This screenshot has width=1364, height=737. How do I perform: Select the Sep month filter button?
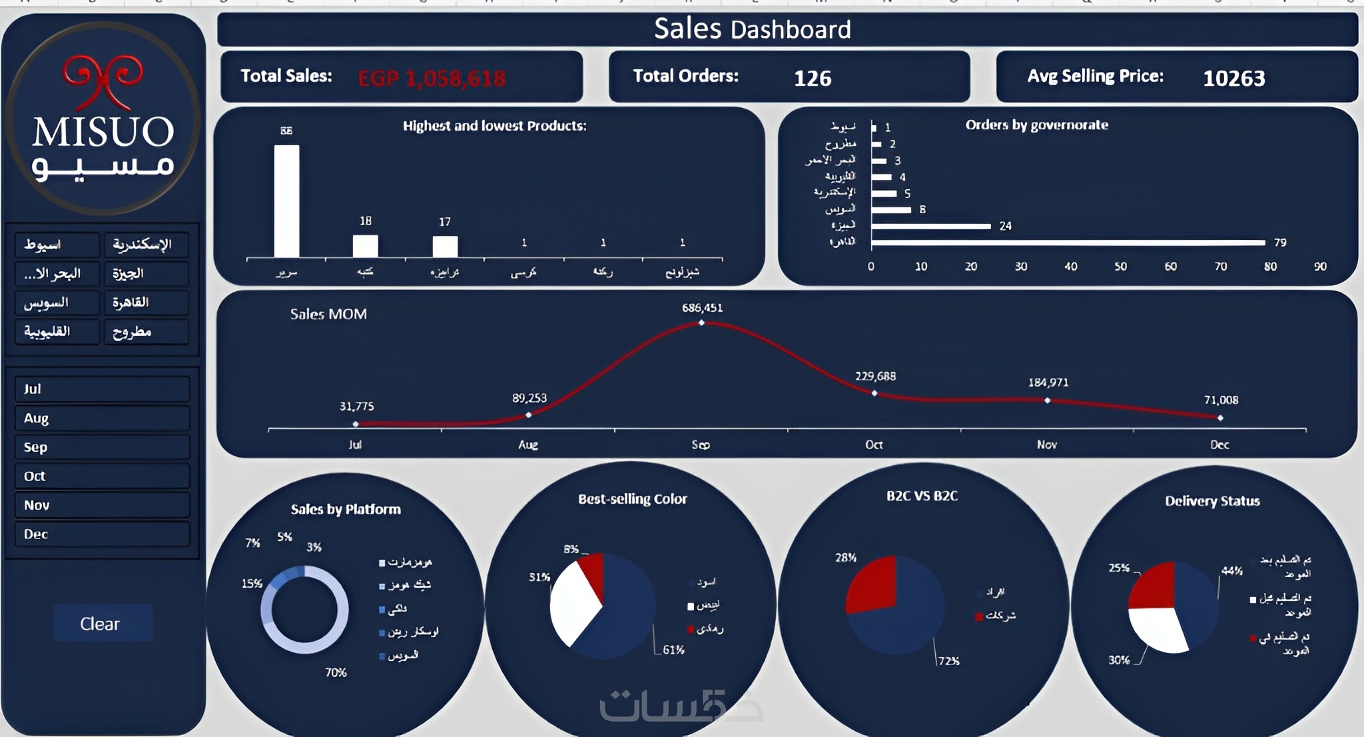pos(102,447)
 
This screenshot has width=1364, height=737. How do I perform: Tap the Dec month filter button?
pos(102,534)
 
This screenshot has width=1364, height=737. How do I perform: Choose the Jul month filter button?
pos(102,389)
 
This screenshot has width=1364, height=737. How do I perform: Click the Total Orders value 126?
pos(813,79)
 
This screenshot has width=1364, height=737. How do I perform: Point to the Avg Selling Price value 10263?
pos(1233,79)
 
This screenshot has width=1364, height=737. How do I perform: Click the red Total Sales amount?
pos(432,79)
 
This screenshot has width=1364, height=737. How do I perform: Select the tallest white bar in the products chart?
pos(286,201)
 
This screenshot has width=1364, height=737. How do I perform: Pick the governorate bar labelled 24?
pos(931,227)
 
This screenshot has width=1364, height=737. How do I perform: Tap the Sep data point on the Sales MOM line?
pos(701,323)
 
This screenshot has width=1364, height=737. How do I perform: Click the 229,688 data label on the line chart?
pos(875,376)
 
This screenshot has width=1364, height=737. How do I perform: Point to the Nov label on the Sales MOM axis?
pos(1046,444)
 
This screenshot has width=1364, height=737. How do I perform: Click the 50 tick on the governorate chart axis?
pos(1121,267)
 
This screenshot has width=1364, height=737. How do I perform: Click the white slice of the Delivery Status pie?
pos(1157,630)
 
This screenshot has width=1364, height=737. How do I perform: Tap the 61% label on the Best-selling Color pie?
pos(673,650)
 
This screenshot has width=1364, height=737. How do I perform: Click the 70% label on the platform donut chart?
pos(336,673)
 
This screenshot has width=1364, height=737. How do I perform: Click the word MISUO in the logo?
pos(103,132)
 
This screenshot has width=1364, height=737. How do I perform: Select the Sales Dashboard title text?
pos(752,29)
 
